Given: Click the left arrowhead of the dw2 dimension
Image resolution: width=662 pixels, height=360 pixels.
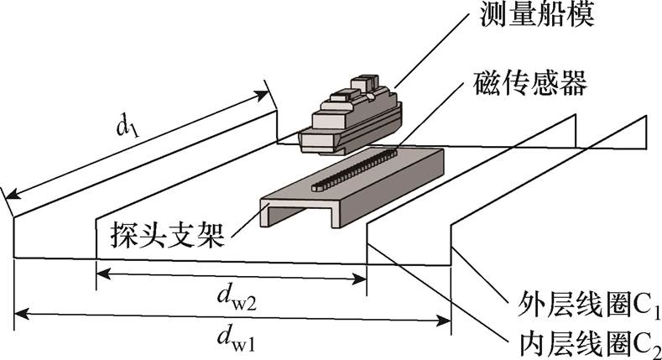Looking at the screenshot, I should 102,273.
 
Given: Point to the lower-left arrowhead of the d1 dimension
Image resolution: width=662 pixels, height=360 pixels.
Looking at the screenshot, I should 12,196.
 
